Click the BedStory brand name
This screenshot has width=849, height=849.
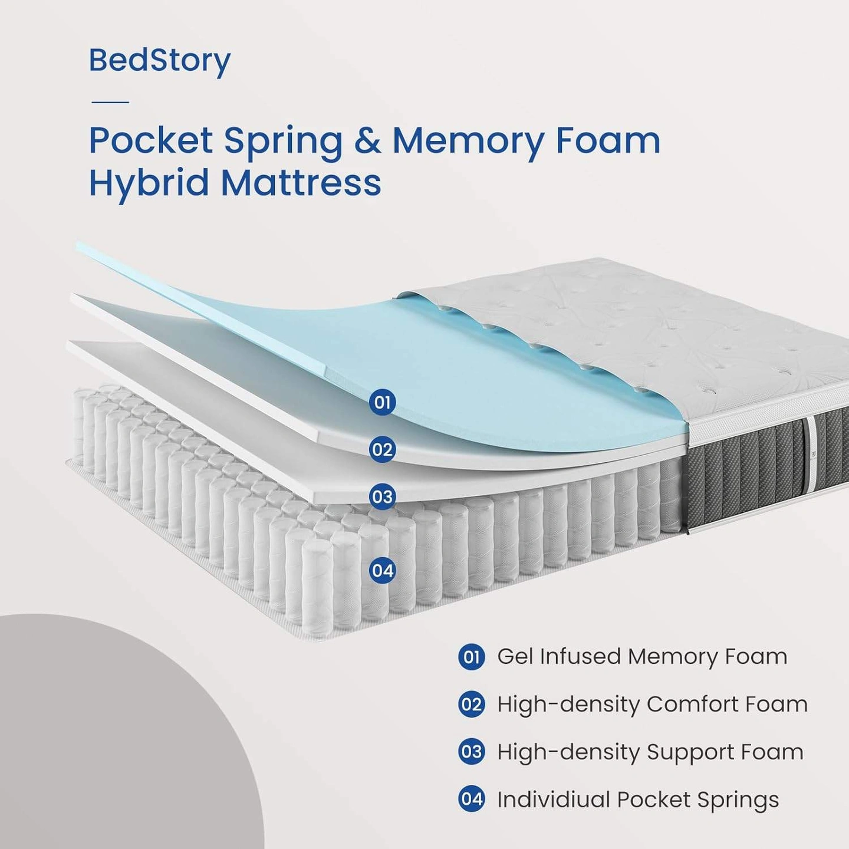click(x=159, y=61)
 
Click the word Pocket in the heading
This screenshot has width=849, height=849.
click(x=150, y=141)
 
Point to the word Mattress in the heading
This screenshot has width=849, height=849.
click(x=301, y=183)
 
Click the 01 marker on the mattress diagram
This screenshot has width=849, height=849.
click(x=382, y=403)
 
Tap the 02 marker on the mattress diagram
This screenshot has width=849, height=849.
click(x=382, y=450)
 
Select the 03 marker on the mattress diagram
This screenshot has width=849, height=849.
click(x=382, y=497)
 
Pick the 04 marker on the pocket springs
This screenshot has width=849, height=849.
click(x=382, y=571)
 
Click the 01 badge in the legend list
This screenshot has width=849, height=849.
click(x=471, y=657)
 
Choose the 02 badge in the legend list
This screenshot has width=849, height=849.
click(x=471, y=705)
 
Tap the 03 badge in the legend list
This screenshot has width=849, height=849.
click(x=471, y=752)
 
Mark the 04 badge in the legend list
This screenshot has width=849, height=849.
click(x=471, y=799)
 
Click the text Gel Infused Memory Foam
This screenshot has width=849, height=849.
click(x=642, y=657)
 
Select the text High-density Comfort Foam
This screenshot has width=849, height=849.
click(x=652, y=705)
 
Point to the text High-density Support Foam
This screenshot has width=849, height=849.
click(x=650, y=752)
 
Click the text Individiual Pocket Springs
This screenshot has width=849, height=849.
click(x=638, y=800)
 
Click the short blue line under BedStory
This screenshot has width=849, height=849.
click(x=110, y=102)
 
